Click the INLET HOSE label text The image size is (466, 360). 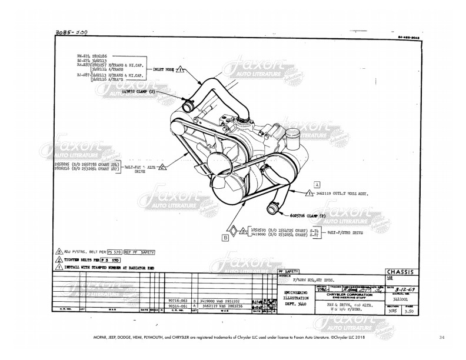point(163,69)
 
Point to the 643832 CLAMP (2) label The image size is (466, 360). point(139,92)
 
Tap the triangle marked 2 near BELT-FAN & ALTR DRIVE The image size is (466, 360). point(162,168)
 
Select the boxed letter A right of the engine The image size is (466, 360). point(317,183)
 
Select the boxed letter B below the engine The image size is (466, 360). point(225,238)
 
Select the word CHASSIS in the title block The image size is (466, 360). point(400,272)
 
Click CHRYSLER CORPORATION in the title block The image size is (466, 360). point(351,295)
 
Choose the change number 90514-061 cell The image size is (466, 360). point(177,306)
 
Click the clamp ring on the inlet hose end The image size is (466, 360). point(188,108)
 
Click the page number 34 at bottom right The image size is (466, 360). point(442,337)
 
